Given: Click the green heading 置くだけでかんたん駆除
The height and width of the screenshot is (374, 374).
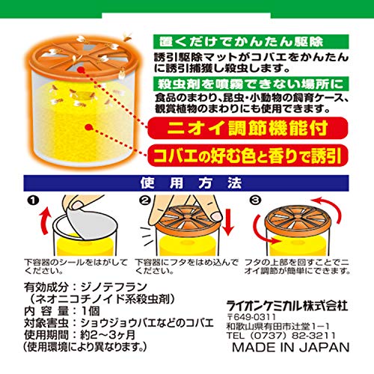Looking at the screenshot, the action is pyautogui.click(x=251, y=42).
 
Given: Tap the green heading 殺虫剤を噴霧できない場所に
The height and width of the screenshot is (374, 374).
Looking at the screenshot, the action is pyautogui.click(x=251, y=84).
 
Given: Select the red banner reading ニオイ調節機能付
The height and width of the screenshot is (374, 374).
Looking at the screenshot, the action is pyautogui.click(x=248, y=128).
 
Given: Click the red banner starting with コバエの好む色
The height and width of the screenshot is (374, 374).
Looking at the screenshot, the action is pyautogui.click(x=248, y=156).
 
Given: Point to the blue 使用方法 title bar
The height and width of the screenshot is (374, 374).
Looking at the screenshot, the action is pyautogui.click(x=186, y=183).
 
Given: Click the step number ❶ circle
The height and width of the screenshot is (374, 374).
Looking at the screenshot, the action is pyautogui.click(x=34, y=200).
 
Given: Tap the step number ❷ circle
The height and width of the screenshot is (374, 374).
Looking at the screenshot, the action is pyautogui.click(x=144, y=200).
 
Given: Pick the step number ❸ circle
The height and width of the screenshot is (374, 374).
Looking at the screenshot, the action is pyautogui.click(x=256, y=200).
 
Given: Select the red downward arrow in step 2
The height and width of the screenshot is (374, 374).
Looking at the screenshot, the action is pyautogui.click(x=228, y=223).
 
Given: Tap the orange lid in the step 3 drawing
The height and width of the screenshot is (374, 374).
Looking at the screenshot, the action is pyautogui.click(x=295, y=219).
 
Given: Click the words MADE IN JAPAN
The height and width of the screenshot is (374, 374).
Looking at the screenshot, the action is pyautogui.click(x=291, y=347).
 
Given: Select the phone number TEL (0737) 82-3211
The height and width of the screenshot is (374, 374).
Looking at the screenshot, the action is pyautogui.click(x=281, y=335).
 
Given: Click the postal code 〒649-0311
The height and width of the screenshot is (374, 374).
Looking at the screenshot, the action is pyautogui.click(x=251, y=317).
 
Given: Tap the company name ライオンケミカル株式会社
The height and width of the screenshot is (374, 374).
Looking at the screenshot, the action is pyautogui.click(x=287, y=305).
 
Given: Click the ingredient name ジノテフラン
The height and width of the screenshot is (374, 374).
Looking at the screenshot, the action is pyautogui.click(x=114, y=287).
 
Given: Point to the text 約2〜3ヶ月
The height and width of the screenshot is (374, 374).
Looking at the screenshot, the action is pyautogui.click(x=108, y=335).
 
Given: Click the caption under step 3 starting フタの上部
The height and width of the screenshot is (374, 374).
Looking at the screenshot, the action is pyautogui.click(x=297, y=266).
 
